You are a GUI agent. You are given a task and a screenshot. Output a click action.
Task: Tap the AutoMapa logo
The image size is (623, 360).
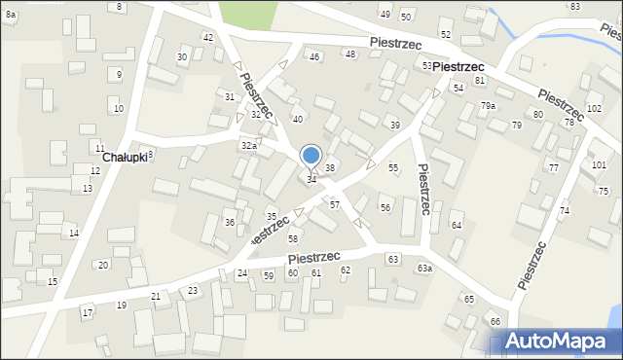[x=554, y=342]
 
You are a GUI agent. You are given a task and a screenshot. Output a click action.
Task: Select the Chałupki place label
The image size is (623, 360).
[x=124, y=157]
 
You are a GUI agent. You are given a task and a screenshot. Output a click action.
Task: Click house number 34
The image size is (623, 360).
[x=311, y=180]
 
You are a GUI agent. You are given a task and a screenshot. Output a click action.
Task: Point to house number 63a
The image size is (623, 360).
[x=424, y=268]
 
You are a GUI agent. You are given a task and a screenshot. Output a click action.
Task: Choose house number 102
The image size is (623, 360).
[x=594, y=108]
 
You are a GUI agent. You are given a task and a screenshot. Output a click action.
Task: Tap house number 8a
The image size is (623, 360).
[x=10, y=16]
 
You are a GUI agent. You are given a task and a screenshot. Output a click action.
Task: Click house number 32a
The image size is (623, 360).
[x=248, y=145]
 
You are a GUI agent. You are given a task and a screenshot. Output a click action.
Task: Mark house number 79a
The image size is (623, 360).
[x=488, y=106]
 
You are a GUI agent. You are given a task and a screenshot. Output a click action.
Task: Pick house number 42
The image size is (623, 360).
[x=207, y=37]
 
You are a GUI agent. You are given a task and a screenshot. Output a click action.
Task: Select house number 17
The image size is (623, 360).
[x=87, y=312]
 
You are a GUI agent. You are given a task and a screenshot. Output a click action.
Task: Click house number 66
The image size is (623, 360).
[x=495, y=321]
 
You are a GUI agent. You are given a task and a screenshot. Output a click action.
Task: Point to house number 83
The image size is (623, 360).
[x=574, y=6]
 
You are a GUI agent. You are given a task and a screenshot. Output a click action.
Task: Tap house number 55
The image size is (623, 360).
[x=393, y=168]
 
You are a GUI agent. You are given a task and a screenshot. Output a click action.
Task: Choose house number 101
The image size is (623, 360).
[x=598, y=164]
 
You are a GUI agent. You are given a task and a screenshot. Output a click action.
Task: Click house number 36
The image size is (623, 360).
[x=230, y=223]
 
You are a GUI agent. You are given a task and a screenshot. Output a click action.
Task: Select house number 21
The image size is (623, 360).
[x=156, y=296]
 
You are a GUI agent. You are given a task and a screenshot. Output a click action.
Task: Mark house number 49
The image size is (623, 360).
[x=385, y=14]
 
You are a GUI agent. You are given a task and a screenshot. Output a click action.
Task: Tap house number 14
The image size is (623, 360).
[x=73, y=234]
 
